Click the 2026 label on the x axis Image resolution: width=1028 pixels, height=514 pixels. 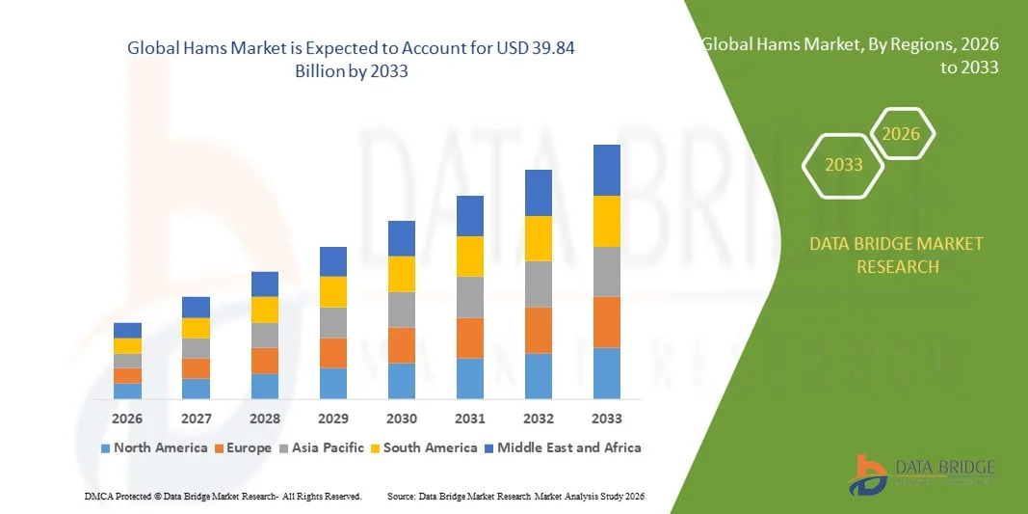127,419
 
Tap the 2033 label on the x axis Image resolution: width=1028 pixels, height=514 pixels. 607,419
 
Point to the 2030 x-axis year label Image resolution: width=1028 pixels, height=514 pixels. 402,419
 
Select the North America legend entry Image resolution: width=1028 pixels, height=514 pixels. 153,447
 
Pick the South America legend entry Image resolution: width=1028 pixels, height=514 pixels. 424,447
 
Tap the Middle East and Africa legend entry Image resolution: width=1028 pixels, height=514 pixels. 563,447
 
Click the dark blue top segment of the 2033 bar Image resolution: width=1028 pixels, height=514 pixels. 607,170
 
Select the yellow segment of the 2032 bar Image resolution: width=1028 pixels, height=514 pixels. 539,238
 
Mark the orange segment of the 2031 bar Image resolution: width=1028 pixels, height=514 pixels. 470,338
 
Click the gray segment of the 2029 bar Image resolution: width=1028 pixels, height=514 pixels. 333,322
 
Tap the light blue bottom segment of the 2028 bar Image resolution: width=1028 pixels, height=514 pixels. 265,386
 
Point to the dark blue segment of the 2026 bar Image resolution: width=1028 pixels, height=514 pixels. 127,330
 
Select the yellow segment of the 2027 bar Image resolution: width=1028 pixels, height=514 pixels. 196,328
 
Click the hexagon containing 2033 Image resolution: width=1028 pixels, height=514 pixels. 844,165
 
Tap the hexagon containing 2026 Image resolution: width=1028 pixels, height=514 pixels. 902,134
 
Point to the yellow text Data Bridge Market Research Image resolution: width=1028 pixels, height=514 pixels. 897,255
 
